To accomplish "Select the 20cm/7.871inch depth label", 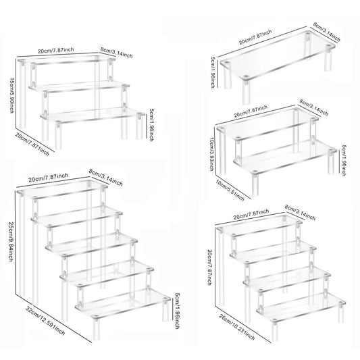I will pos(32,142).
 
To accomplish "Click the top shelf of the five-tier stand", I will pos(64,189).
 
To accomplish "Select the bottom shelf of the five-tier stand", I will pos(125,307).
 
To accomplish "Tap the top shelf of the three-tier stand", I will pos(64,63).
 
